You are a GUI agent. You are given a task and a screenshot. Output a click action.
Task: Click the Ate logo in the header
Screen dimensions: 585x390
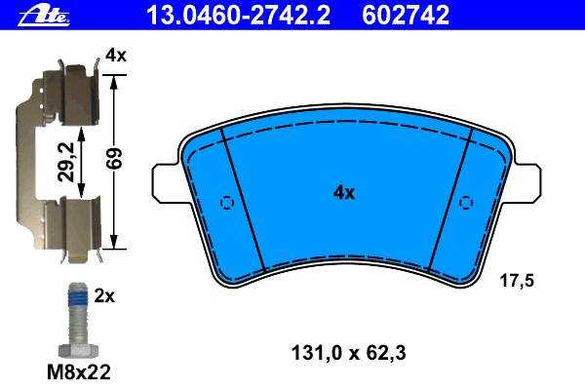pyautogui.click(x=44, y=16)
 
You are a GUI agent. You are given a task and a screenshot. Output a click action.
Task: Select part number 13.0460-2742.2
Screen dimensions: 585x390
pyautogui.click(x=239, y=16)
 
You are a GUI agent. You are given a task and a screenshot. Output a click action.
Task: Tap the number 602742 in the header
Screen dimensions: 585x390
pyautogui.click(x=406, y=16)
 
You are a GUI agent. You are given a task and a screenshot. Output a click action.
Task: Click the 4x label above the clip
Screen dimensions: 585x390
pyautogui.click(x=116, y=56)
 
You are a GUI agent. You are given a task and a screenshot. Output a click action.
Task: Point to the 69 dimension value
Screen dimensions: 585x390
pyautogui.click(x=116, y=158)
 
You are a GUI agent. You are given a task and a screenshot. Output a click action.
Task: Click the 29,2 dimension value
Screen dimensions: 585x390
pyautogui.click(x=66, y=163)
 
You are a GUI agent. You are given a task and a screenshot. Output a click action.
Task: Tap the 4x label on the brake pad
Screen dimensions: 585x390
pyautogui.click(x=344, y=193)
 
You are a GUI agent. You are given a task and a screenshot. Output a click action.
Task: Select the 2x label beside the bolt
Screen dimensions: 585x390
pyautogui.click(x=104, y=296)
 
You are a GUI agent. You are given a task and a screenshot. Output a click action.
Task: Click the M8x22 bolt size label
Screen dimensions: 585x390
pyautogui.click(x=79, y=372)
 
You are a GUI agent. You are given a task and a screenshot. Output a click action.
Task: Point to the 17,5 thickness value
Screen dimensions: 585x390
pyautogui.click(x=517, y=280)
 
